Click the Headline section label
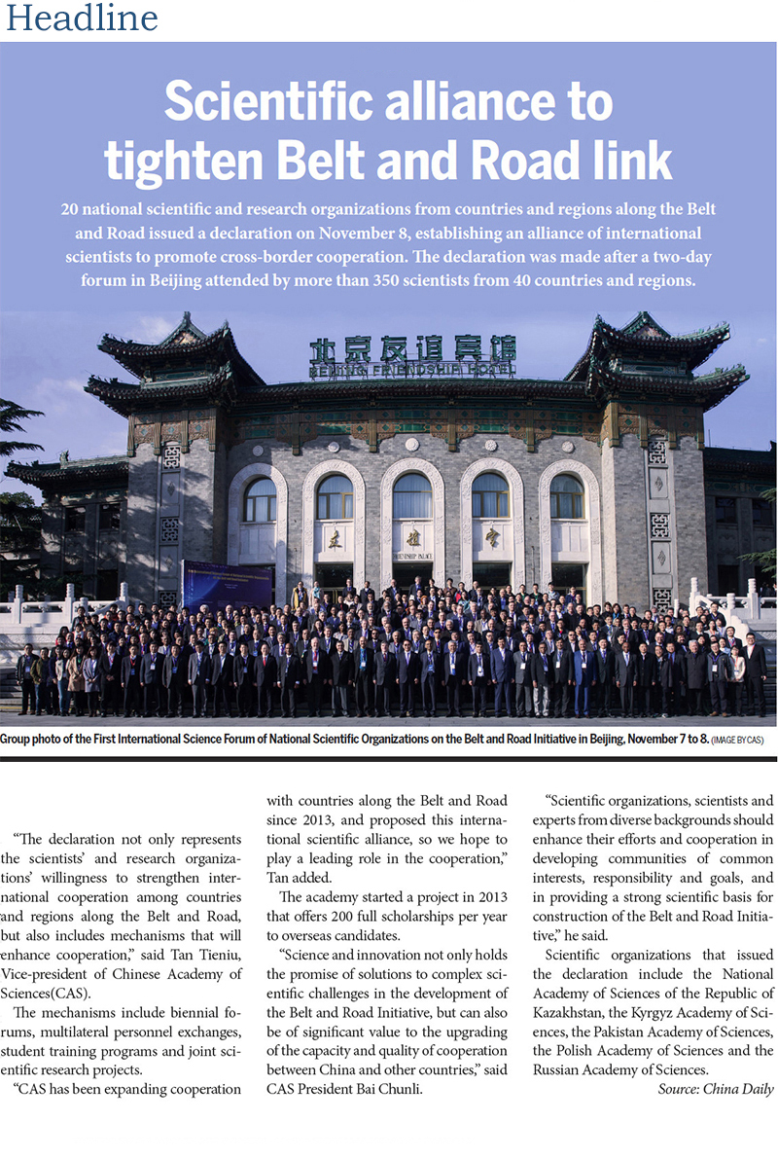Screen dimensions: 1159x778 point(82,18)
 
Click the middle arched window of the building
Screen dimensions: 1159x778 point(412,496)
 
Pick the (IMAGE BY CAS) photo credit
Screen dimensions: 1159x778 point(737,742)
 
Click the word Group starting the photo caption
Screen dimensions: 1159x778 point(19,740)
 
